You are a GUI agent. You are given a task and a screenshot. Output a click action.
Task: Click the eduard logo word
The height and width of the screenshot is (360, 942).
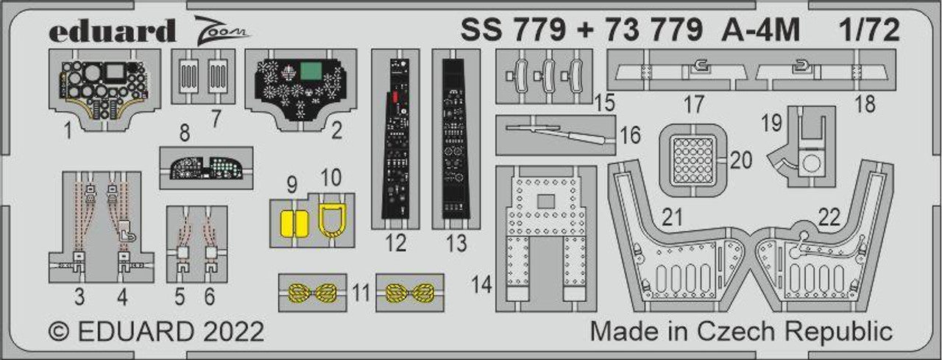pos(113,31)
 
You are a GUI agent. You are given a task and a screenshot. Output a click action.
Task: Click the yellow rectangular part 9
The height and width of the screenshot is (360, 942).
pos(292,222)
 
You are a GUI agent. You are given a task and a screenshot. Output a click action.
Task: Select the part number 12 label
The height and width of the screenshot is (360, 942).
pos(396,243)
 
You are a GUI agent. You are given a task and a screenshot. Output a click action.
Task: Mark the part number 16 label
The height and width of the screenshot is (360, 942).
pos(630,135)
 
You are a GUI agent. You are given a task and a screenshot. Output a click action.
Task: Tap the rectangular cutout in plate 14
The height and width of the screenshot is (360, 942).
pos(545,200)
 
